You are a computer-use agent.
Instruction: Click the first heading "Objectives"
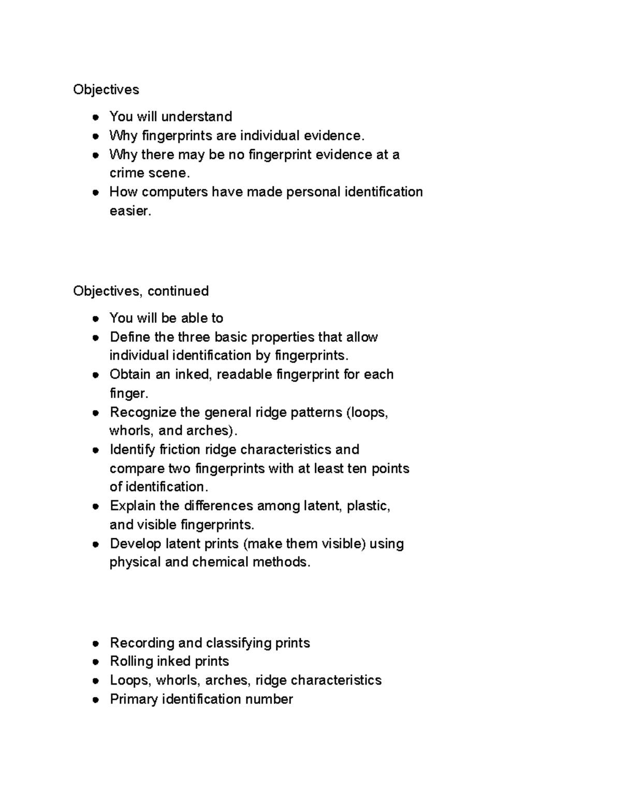(106, 89)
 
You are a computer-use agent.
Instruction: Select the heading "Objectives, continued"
(141, 291)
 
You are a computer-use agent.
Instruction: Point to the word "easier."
(130, 211)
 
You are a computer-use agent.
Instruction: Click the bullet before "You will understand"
(95, 117)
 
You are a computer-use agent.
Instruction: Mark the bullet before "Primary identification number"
(95, 700)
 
